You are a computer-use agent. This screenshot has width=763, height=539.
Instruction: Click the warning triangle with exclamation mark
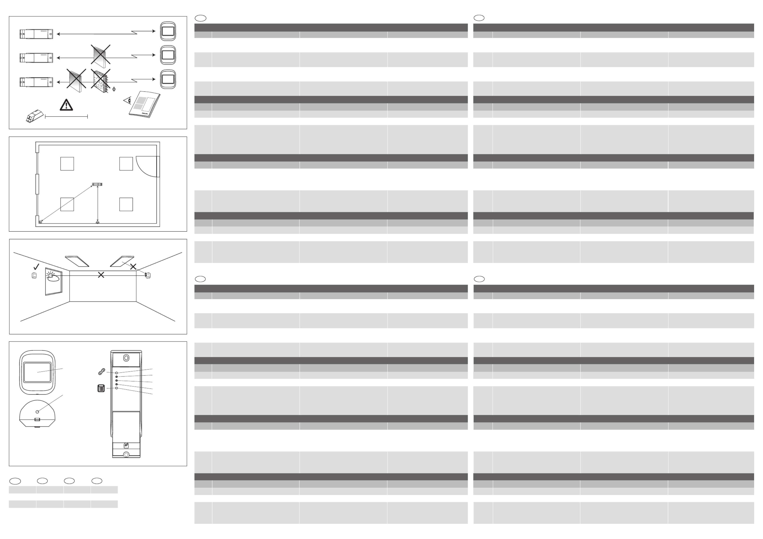[67, 105]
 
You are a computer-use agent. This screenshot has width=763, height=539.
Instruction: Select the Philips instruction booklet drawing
[145, 104]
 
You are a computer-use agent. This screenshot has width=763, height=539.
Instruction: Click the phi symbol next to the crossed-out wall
[114, 89]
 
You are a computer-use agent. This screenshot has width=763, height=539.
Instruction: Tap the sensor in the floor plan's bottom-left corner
[40, 222]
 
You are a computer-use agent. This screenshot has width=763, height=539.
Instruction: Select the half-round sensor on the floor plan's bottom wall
[97, 222]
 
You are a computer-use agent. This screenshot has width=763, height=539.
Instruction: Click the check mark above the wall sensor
[36, 267]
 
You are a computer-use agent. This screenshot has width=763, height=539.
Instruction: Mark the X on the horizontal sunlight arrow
[101, 275]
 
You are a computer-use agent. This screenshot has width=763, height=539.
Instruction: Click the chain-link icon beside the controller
[102, 372]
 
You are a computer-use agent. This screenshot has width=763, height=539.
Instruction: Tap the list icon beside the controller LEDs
[101, 388]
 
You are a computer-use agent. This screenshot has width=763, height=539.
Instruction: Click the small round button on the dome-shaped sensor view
[37, 412]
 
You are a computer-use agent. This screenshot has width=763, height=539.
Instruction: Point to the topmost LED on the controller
[117, 373]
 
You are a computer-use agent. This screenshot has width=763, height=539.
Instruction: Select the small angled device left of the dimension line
[35, 116]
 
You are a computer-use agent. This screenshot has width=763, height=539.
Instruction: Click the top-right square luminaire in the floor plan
[126, 164]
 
